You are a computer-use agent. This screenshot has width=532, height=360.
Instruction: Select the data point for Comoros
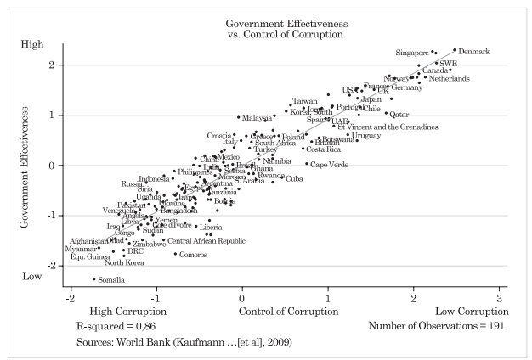tap(176, 254)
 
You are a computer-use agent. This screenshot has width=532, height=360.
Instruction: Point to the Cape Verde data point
tap(307, 164)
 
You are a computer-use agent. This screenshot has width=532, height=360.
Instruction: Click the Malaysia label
tap(256, 118)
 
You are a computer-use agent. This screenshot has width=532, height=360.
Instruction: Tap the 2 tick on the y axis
tap(52, 65)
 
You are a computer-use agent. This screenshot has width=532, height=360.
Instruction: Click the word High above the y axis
tap(31, 44)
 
